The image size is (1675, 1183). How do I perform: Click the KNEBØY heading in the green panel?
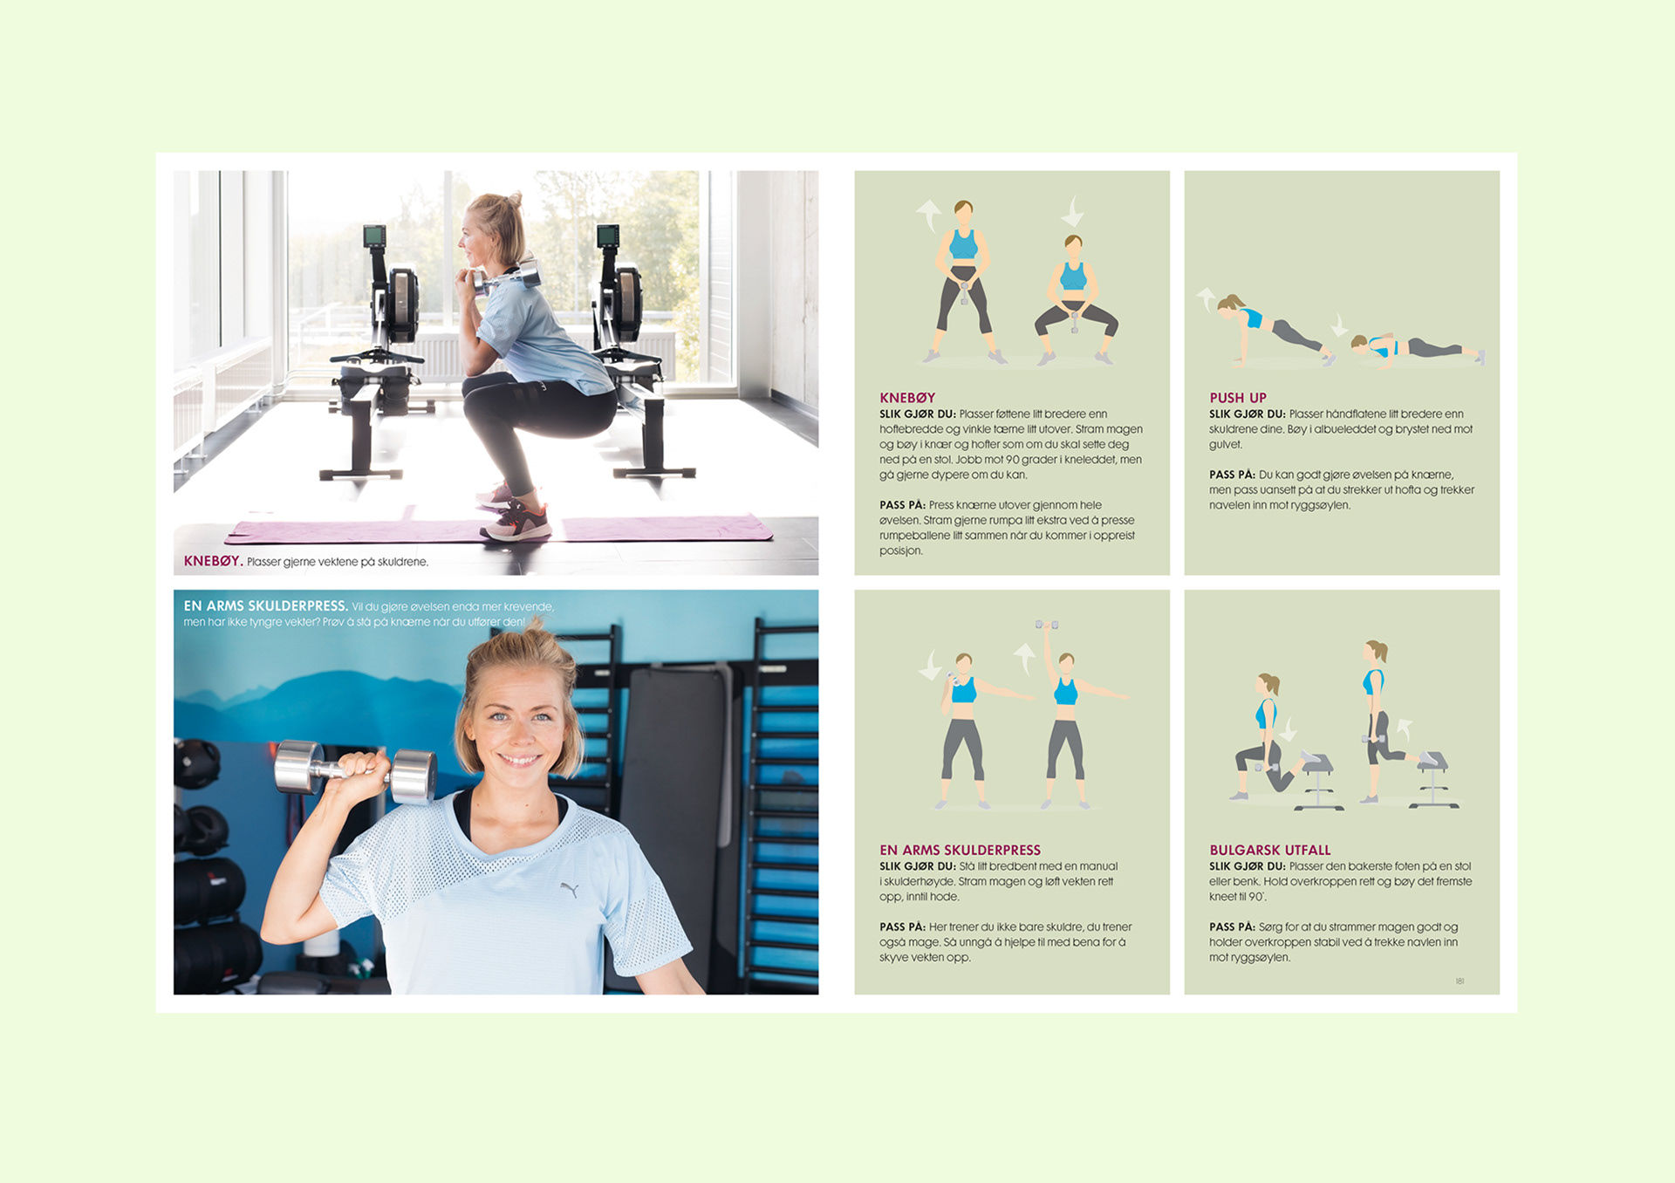pos(907,398)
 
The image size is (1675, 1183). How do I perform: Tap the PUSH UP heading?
pos(1238,398)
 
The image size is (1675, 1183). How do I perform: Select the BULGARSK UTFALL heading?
pos(1270,850)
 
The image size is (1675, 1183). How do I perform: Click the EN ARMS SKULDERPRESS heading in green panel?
pos(960,850)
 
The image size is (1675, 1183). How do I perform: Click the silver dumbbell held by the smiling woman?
pos(356,772)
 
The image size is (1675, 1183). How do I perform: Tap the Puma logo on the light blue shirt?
pos(570,890)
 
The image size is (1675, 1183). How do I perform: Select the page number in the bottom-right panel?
pos(1460,981)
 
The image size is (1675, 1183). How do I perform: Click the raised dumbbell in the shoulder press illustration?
pos(1047,625)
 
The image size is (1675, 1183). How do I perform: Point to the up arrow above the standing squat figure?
pos(929,215)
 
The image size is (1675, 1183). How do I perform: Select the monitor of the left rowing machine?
pos(374,236)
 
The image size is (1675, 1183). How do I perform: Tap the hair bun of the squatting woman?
pos(513,201)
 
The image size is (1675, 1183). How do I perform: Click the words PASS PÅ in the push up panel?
pos(1232,475)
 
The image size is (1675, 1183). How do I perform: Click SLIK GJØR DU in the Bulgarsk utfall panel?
pos(1248,866)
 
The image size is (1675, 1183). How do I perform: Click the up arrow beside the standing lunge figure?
pos(1404,728)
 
